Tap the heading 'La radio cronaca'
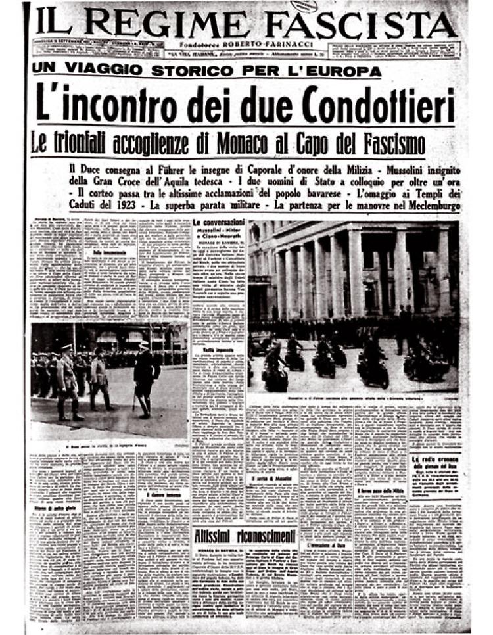pos(435,458)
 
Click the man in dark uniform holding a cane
pos(145,375)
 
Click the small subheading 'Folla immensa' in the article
pos(108,252)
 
